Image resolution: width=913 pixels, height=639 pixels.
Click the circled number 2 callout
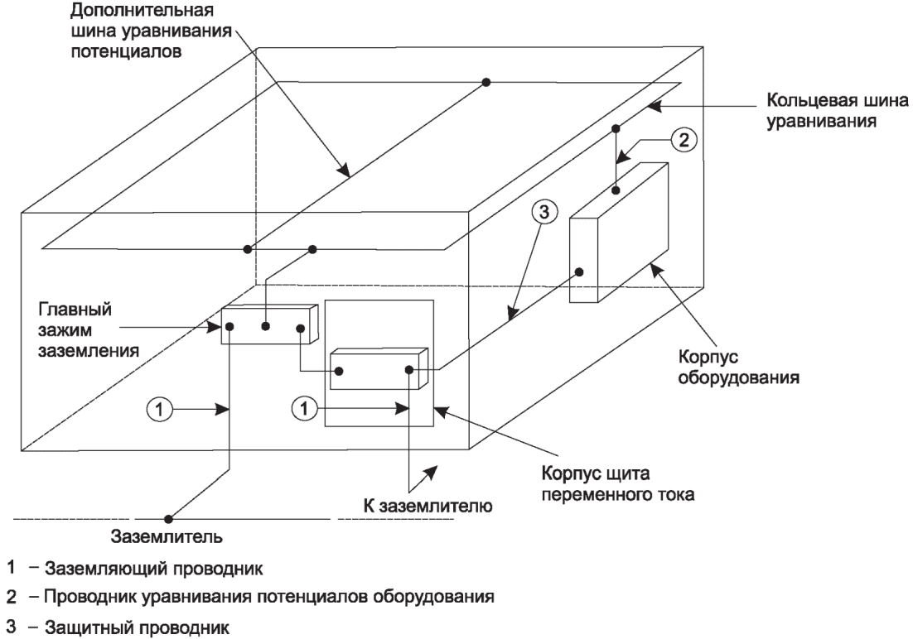pos(684,140)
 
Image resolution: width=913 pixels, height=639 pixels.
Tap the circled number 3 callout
pos(543,213)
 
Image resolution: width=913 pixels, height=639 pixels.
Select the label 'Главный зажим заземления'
pos(89,330)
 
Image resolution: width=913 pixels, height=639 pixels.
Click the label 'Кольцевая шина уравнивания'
pos(837,111)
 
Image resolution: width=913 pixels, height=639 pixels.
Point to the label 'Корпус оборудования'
pos(738,367)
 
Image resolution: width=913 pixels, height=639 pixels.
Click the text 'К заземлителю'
pos(428,506)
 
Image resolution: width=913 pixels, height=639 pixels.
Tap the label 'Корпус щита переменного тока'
pos(618,483)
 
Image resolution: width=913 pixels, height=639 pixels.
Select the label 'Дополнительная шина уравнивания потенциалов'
pos(152,31)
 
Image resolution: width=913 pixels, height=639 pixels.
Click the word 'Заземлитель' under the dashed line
pos(167,536)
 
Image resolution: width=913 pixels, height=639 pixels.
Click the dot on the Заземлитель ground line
pos(168,518)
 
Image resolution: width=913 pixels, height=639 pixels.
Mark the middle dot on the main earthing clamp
pos(265,326)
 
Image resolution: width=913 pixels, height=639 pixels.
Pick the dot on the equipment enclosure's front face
pos(579,271)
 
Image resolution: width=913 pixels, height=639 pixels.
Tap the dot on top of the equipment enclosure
pos(616,190)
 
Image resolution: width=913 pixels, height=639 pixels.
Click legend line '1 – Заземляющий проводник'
pos(134,568)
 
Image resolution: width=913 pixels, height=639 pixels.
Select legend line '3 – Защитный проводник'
pos(118,627)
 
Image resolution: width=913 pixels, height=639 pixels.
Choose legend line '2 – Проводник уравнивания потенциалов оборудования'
pos(250,597)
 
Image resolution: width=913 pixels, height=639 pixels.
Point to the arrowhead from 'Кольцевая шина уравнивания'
pos(654,106)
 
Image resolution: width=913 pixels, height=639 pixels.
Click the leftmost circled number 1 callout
pos(159,410)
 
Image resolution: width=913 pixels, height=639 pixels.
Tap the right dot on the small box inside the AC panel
pos(409,369)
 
